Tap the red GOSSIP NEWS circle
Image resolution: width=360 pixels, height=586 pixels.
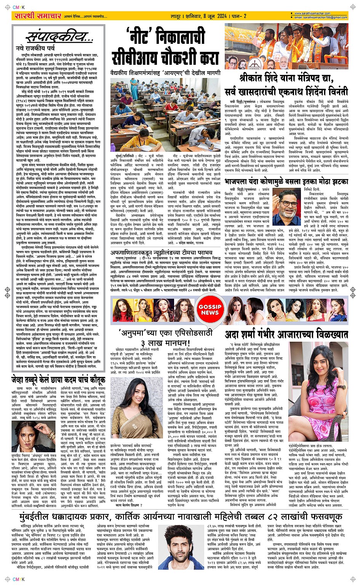pyautogui.click(x=210, y=309)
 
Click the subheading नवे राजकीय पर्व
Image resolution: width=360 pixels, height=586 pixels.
pyautogui.click(x=35, y=48)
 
